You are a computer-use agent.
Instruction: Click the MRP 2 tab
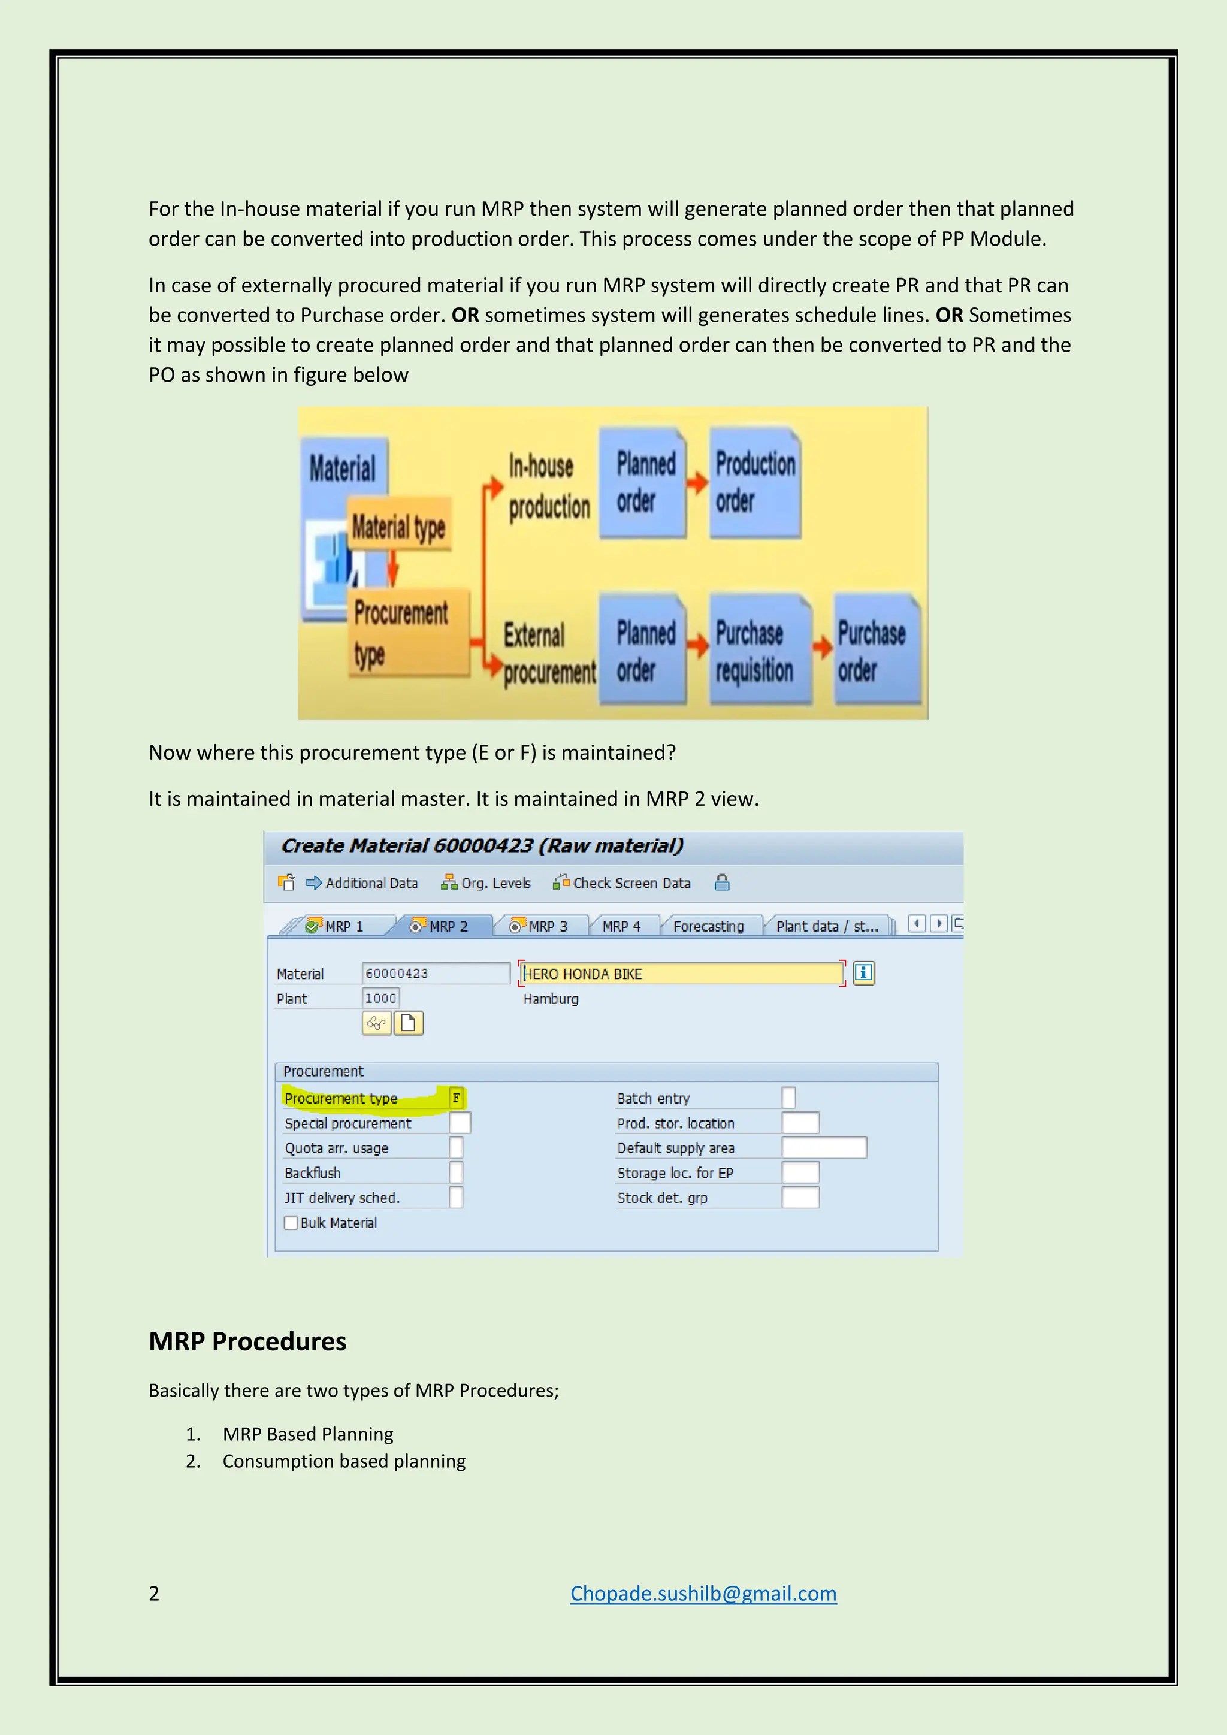point(440,926)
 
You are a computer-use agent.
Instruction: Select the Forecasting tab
point(708,926)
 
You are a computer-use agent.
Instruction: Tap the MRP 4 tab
point(621,926)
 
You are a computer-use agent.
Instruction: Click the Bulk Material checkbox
point(291,1223)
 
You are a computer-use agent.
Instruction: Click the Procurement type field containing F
point(457,1098)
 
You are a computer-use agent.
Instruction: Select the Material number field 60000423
point(435,974)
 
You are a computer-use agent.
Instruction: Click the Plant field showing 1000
point(381,998)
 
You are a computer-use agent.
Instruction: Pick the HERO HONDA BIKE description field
point(681,974)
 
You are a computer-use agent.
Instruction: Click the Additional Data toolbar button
point(362,882)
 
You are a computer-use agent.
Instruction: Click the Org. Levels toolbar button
point(486,882)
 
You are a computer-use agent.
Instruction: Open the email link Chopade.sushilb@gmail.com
point(703,1593)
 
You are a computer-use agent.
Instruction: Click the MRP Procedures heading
point(247,1341)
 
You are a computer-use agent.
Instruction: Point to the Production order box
point(754,483)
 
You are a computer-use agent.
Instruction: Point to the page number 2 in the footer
point(154,1593)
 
